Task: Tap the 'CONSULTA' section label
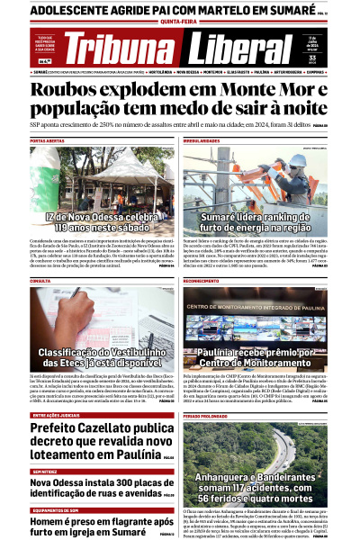(40, 280)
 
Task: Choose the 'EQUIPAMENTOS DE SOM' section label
(53, 510)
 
